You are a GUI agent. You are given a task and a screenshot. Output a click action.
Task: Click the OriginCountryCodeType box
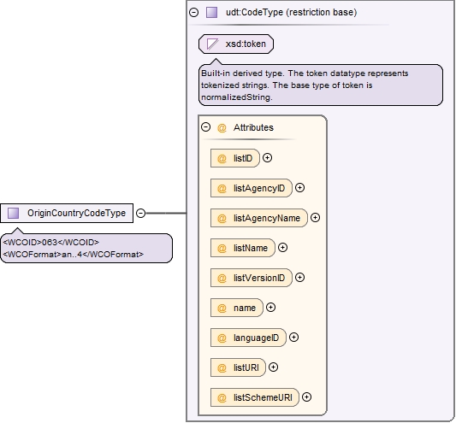click(67, 214)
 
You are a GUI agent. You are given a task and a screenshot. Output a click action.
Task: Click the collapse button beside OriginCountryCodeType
click(141, 214)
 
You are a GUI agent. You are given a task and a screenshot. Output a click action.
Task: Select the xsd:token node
click(236, 44)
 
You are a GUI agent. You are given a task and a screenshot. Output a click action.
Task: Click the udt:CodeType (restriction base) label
click(291, 13)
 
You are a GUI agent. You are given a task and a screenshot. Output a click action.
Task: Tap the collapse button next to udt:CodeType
click(193, 13)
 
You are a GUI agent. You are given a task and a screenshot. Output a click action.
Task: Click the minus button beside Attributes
click(205, 127)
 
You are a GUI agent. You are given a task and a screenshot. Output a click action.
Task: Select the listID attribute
click(235, 158)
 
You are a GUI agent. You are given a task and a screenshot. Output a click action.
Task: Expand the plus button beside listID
click(267, 158)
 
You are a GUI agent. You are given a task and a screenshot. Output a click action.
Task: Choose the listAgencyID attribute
click(252, 188)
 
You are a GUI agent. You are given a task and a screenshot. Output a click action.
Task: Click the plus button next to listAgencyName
click(315, 218)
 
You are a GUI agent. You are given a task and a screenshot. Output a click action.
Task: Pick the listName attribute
click(242, 248)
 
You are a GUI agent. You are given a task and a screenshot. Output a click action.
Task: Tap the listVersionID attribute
click(252, 278)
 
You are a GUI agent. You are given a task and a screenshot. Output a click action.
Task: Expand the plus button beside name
click(270, 308)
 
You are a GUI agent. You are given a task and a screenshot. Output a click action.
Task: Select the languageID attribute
click(248, 338)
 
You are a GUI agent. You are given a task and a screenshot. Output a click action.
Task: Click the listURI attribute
click(238, 367)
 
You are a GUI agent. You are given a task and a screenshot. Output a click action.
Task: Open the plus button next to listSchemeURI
click(307, 397)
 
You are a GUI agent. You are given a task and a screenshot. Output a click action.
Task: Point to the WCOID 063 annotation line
click(51, 243)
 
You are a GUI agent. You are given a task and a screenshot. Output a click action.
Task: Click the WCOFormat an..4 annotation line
click(74, 255)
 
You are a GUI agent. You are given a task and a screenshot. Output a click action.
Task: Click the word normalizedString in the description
click(236, 97)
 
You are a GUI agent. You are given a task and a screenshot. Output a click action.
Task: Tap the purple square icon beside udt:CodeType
click(211, 13)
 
